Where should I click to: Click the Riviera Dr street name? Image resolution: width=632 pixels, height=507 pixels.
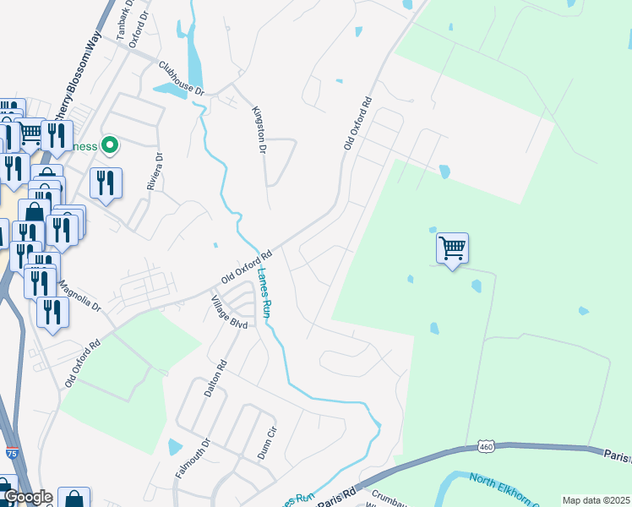coord(155,171)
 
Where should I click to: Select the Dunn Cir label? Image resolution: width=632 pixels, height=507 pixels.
coord(269,439)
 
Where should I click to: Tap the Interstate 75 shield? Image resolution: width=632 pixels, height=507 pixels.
coord(12,454)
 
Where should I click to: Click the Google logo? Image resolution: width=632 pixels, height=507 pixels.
coord(27,497)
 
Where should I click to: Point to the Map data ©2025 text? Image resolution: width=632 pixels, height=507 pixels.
coord(595,500)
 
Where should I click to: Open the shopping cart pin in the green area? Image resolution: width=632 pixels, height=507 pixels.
coord(452,248)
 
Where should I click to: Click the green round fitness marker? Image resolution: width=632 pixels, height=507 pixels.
coord(109,146)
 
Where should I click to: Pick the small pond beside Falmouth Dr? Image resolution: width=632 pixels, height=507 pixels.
coord(175,446)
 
